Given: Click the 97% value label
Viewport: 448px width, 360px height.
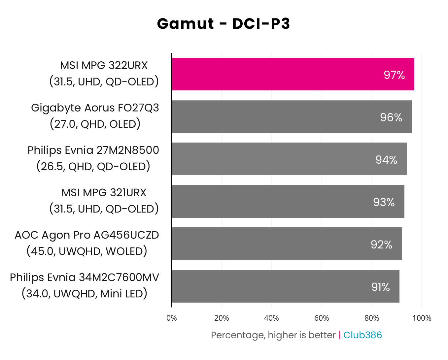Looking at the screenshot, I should pos(394,75).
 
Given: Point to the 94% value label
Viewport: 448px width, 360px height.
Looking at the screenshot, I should pos(386,160).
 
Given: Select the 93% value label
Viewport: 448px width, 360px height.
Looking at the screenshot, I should pos(384,202).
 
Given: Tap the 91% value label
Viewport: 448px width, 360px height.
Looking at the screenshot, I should pos(380,287).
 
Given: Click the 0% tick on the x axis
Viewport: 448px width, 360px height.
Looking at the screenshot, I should pos(172,318).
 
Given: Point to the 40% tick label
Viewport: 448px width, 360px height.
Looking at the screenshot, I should pos(272,318).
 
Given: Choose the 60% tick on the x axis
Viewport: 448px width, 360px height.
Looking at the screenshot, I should pos(322,318).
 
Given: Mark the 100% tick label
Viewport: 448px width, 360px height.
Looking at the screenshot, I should pos(422,318).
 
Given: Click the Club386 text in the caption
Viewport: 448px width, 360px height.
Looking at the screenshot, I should pos(362,335).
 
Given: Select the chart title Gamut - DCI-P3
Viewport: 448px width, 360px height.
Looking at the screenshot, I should pos(224,24).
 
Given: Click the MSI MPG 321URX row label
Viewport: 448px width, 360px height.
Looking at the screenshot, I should pos(104,193).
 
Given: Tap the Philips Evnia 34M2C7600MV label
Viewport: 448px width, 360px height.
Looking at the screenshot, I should pos(85,278).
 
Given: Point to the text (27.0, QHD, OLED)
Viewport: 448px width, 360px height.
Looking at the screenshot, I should pos(95,124).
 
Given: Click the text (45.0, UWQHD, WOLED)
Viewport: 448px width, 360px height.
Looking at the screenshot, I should pos(87,251).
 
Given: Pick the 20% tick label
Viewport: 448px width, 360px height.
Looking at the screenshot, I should pos(222,318).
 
